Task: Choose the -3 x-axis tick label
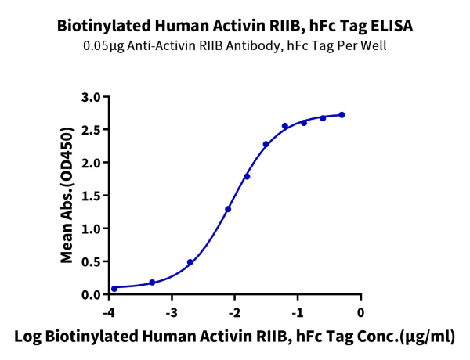coord(170,312)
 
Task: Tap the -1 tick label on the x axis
coord(296,312)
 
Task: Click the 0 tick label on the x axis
coord(361,312)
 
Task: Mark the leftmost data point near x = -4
coord(114,288)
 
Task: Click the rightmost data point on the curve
coord(342,115)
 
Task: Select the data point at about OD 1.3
coord(228,209)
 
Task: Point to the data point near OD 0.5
coord(190,262)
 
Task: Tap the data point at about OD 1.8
coord(247,176)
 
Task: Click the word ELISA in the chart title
coord(391,25)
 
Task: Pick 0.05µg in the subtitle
coord(103,45)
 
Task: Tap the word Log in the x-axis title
coord(32,337)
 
